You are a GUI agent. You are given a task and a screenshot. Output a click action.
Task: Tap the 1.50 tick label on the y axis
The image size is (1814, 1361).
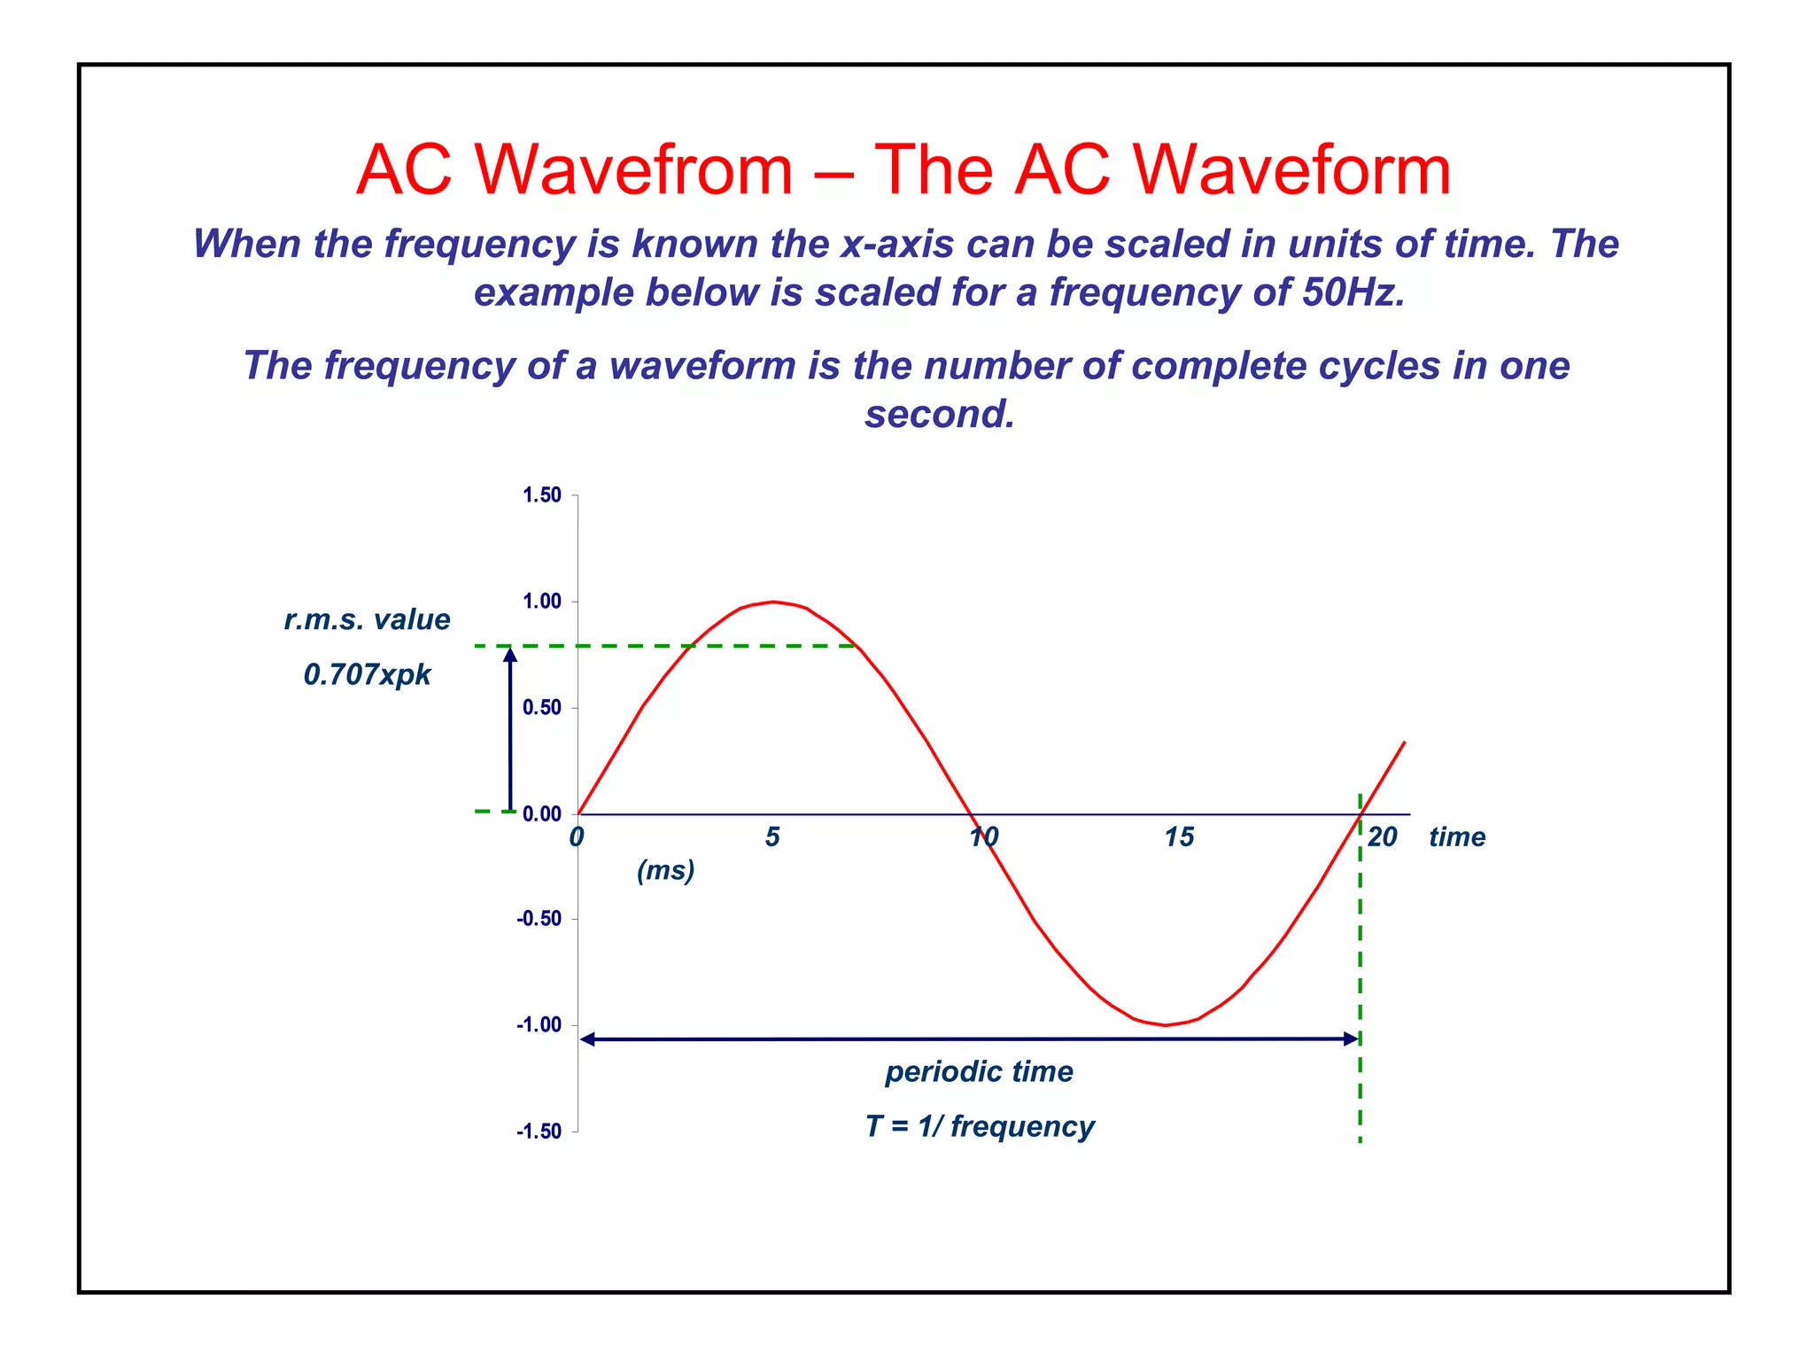tap(541, 495)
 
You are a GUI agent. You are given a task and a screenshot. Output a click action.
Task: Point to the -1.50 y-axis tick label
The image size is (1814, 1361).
tap(539, 1132)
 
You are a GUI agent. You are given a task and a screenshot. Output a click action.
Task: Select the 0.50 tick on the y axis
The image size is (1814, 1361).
tap(541, 708)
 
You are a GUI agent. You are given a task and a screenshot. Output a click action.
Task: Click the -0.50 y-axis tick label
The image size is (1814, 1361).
tap(539, 919)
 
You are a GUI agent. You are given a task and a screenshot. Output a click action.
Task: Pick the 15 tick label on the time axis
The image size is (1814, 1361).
tap(1178, 837)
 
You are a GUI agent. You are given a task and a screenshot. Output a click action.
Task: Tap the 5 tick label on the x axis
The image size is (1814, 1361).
tap(772, 837)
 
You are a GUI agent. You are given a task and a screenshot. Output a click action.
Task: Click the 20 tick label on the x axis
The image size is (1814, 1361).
tap(1382, 837)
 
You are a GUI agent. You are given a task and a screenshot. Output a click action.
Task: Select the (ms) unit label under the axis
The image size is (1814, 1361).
tap(665, 870)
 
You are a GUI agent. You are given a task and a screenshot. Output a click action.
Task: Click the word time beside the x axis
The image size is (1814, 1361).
tap(1457, 837)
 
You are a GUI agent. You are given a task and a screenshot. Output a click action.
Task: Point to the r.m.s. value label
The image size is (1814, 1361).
tap(367, 619)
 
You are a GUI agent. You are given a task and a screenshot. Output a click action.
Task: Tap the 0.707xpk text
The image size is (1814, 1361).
tap(367, 675)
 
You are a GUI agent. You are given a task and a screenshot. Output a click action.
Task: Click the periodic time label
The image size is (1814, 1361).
tap(979, 1072)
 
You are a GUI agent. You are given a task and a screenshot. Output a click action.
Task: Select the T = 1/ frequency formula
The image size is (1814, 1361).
tap(980, 1126)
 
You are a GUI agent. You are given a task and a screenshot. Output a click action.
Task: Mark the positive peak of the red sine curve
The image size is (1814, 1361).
tap(774, 602)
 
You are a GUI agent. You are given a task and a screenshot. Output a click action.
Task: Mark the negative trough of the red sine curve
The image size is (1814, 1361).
tap(1166, 1025)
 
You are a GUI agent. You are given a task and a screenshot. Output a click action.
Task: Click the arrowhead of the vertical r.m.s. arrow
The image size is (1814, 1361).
tap(510, 655)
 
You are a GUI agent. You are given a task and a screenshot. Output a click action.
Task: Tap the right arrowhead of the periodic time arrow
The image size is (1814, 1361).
tap(1352, 1038)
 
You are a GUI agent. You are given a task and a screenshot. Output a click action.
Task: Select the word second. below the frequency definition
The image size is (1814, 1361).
tap(940, 414)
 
